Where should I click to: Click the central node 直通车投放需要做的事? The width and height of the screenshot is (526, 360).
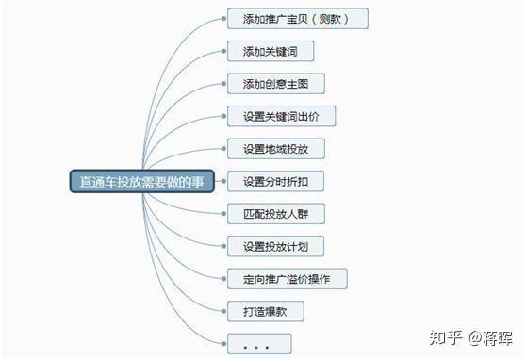pos(141,181)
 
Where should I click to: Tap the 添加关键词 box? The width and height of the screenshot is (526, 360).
pos(270,51)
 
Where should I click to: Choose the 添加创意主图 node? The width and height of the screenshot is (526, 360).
pos(275,84)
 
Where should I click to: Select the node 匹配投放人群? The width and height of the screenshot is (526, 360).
pos(275,214)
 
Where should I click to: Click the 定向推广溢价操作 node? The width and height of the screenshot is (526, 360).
pos(288,279)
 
